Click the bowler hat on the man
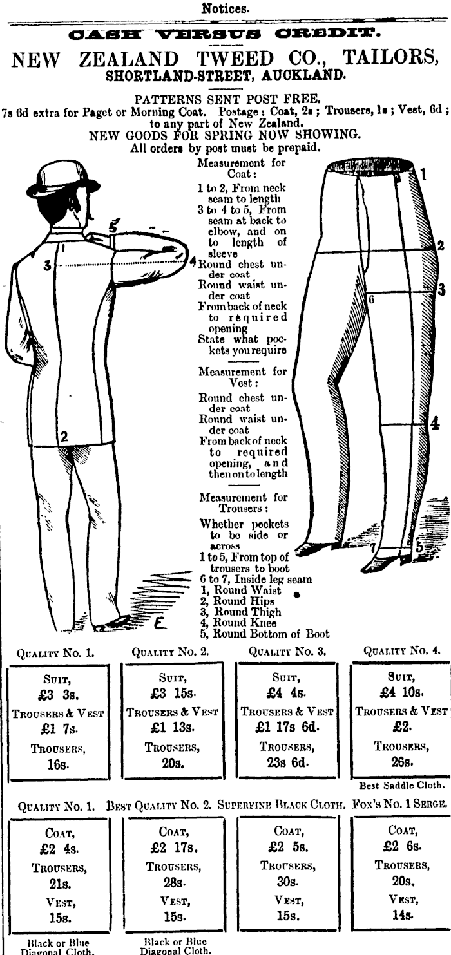64,179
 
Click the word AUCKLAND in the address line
302,76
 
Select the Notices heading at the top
225,8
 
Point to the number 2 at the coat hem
64,436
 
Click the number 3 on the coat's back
47,266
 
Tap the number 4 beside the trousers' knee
434,423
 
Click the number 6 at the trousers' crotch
371,299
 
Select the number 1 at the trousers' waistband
423,175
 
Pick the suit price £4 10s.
401,692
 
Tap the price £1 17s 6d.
287,727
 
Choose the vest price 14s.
402,915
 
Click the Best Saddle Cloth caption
402,785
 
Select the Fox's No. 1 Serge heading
400,804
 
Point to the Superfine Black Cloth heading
281,805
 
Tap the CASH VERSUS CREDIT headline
225,33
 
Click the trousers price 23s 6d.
287,762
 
